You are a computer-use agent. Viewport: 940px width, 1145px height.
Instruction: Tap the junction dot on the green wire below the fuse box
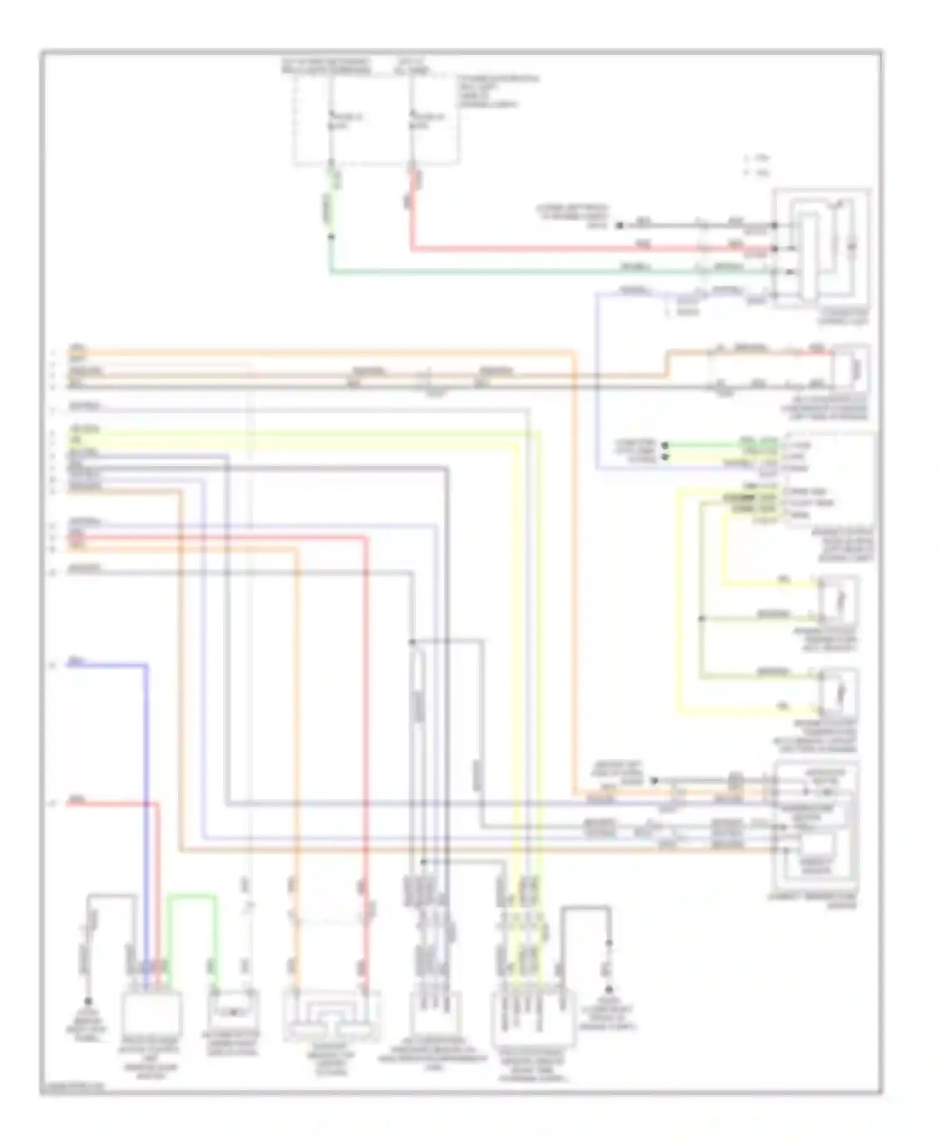[331, 237]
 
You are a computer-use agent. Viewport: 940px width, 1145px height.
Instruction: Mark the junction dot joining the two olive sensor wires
[702, 619]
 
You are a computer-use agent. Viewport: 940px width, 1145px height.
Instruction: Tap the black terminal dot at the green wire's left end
[665, 445]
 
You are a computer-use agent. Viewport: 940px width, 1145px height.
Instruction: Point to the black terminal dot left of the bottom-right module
[654, 781]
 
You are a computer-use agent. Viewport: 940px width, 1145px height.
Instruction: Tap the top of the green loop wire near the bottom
[192, 897]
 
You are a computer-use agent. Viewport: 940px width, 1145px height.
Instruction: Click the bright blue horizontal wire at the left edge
[107, 665]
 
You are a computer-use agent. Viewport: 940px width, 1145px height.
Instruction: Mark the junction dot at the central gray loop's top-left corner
[412, 642]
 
